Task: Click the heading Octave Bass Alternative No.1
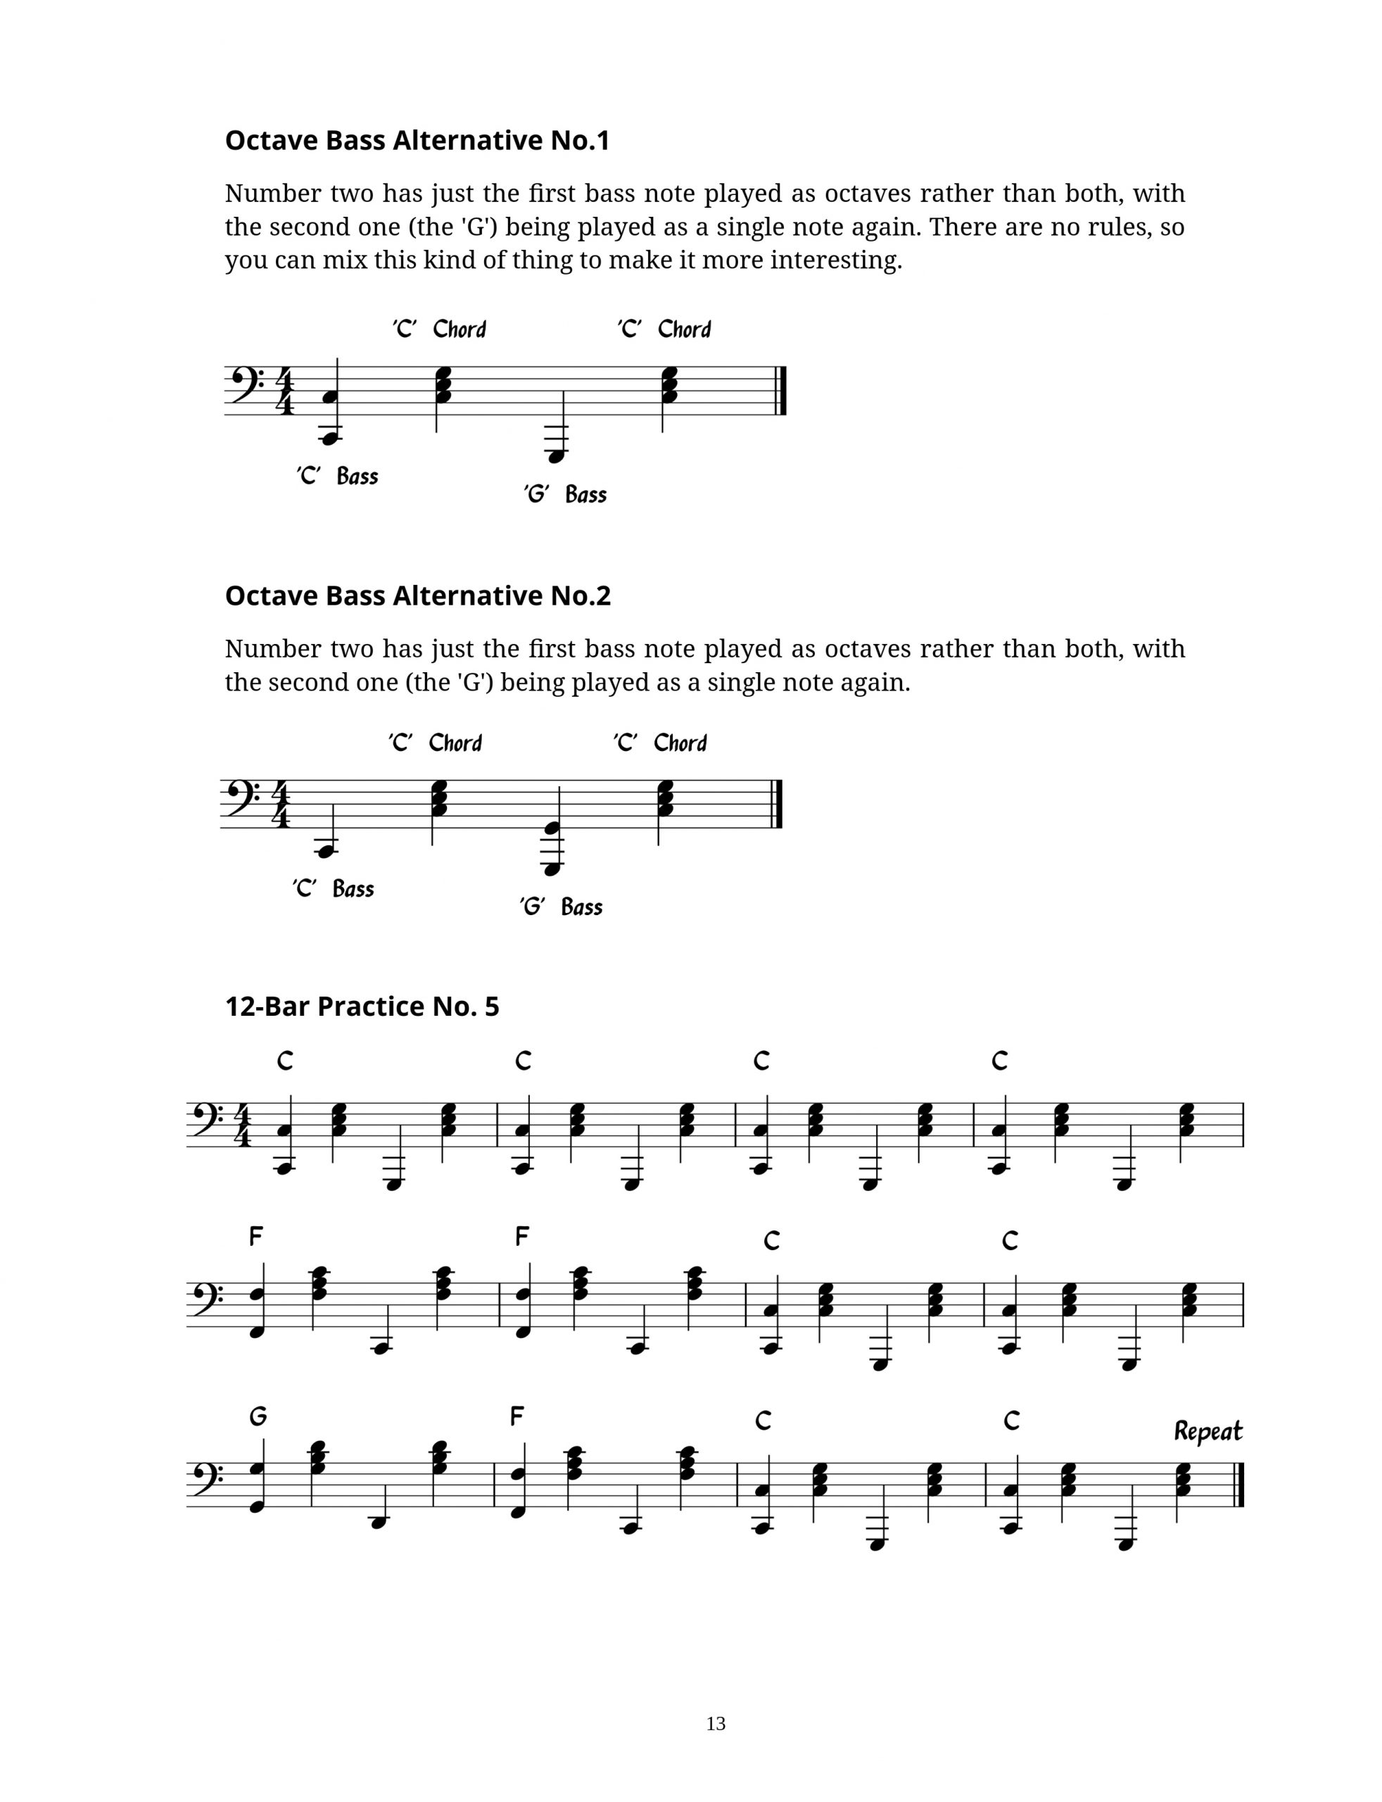coord(417,141)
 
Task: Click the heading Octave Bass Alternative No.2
coord(418,596)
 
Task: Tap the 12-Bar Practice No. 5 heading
coord(362,1007)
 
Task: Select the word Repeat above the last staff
coord(1207,1432)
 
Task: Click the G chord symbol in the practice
coord(258,1416)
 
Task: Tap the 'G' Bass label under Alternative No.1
coord(565,495)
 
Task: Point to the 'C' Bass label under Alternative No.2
coord(333,888)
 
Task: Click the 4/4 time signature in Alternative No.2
coord(281,804)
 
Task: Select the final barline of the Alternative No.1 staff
coord(782,390)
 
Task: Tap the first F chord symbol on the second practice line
coord(257,1236)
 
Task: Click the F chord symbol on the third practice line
coord(516,1416)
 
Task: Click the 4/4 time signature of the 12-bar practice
coord(242,1125)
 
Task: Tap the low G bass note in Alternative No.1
coord(556,455)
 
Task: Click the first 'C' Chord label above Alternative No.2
coord(435,743)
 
